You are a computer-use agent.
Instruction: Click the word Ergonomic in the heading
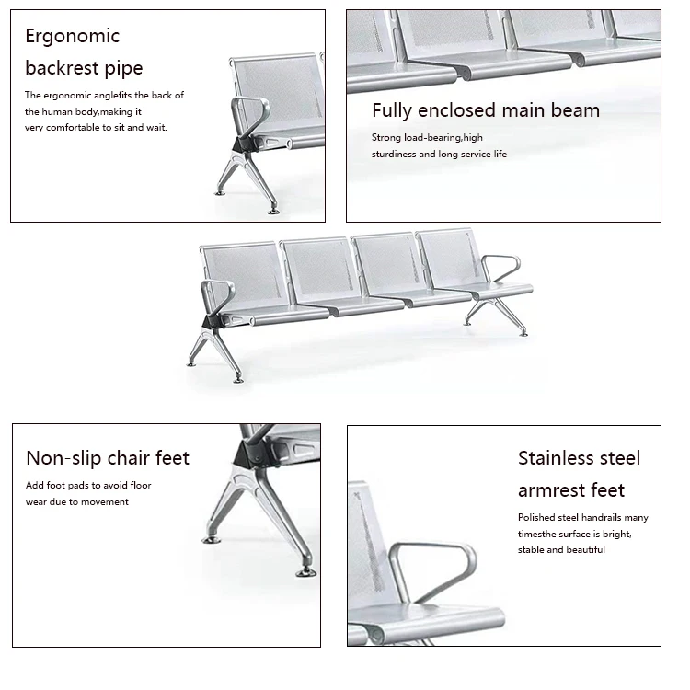pos(73,37)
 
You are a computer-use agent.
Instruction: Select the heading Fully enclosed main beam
pos(485,110)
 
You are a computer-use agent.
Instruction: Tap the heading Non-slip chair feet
pos(108,458)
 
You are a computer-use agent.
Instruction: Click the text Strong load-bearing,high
pos(427,138)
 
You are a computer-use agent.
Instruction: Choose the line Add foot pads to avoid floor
pos(88,485)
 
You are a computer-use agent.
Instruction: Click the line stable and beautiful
pos(561,549)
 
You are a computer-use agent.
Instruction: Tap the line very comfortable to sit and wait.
pos(96,127)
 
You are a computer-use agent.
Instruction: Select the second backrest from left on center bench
pos(316,267)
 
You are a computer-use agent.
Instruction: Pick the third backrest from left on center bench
pos(385,261)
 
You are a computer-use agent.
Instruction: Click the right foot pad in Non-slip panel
pos(305,572)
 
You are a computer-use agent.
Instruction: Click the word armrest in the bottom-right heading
pos(558,490)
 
